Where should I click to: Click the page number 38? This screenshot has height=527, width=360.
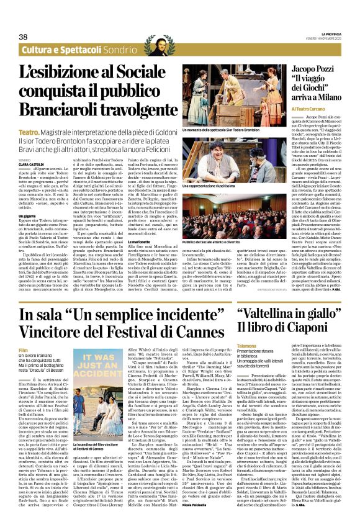click(24, 37)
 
